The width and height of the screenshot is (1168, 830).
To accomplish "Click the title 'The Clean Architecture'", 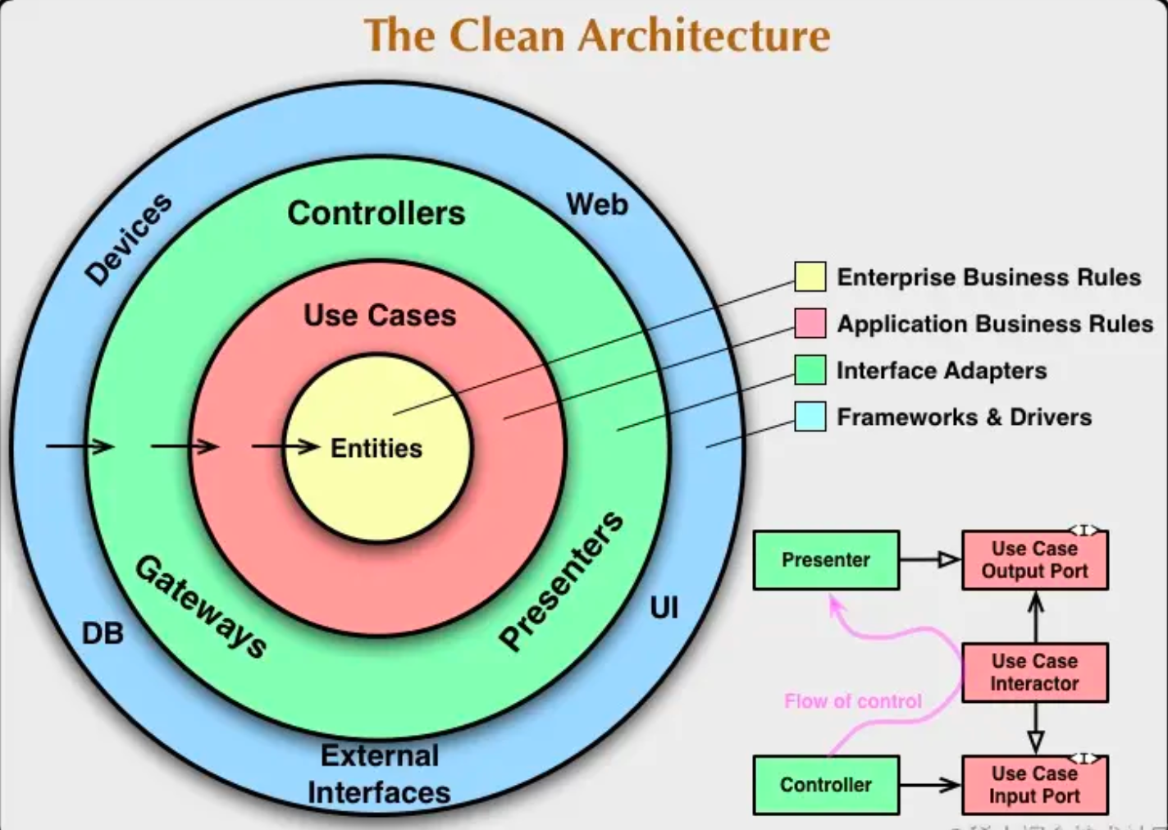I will (596, 35).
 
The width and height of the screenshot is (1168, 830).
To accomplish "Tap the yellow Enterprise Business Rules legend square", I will (810, 277).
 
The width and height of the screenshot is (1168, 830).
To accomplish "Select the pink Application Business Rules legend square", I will (810, 323).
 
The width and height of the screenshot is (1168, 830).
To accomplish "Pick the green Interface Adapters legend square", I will (810, 370).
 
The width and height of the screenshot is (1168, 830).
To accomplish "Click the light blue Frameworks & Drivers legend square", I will (810, 417).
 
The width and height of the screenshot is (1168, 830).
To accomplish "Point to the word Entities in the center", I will (376, 449).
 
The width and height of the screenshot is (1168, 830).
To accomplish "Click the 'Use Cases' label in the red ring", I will (379, 315).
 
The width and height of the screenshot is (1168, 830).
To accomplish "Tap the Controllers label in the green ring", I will (376, 213).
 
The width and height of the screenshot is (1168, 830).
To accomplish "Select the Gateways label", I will (201, 606).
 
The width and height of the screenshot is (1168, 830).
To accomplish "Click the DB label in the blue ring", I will (103, 633).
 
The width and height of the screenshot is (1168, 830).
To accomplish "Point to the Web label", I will (597, 204).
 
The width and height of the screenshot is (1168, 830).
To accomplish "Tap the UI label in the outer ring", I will (664, 608).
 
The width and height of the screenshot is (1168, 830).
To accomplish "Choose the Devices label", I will (129, 239).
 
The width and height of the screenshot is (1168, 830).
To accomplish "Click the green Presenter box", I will (825, 560).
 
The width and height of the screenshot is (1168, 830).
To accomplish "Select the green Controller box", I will (825, 785).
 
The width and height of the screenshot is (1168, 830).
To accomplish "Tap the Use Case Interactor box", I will (1033, 673).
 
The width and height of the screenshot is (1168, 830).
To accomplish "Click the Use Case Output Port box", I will (1033, 560).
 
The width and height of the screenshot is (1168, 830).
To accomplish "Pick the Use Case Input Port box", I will (1033, 785).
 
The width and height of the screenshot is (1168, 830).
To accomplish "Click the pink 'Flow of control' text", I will (852, 701).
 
